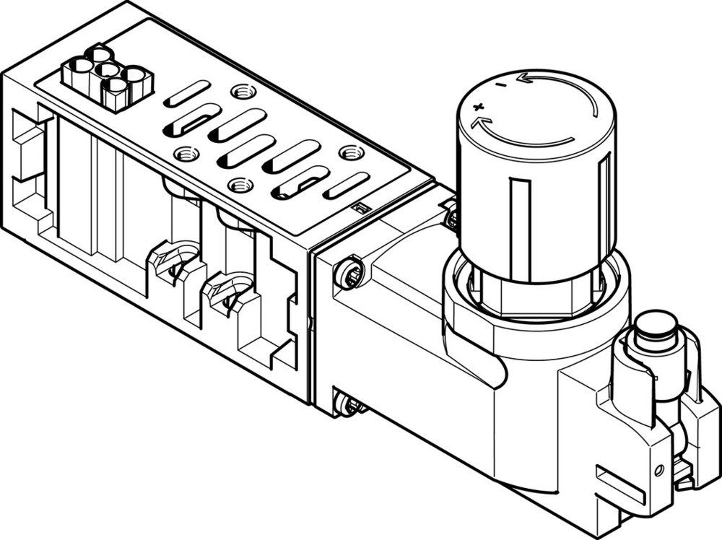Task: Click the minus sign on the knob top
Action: (499, 86)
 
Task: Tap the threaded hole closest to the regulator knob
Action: (352, 152)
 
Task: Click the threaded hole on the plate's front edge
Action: (240, 185)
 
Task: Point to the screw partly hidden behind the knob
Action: (451, 217)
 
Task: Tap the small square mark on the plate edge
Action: (362, 209)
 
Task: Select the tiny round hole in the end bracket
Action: (658, 469)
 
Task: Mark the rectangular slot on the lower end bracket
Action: (620, 484)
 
